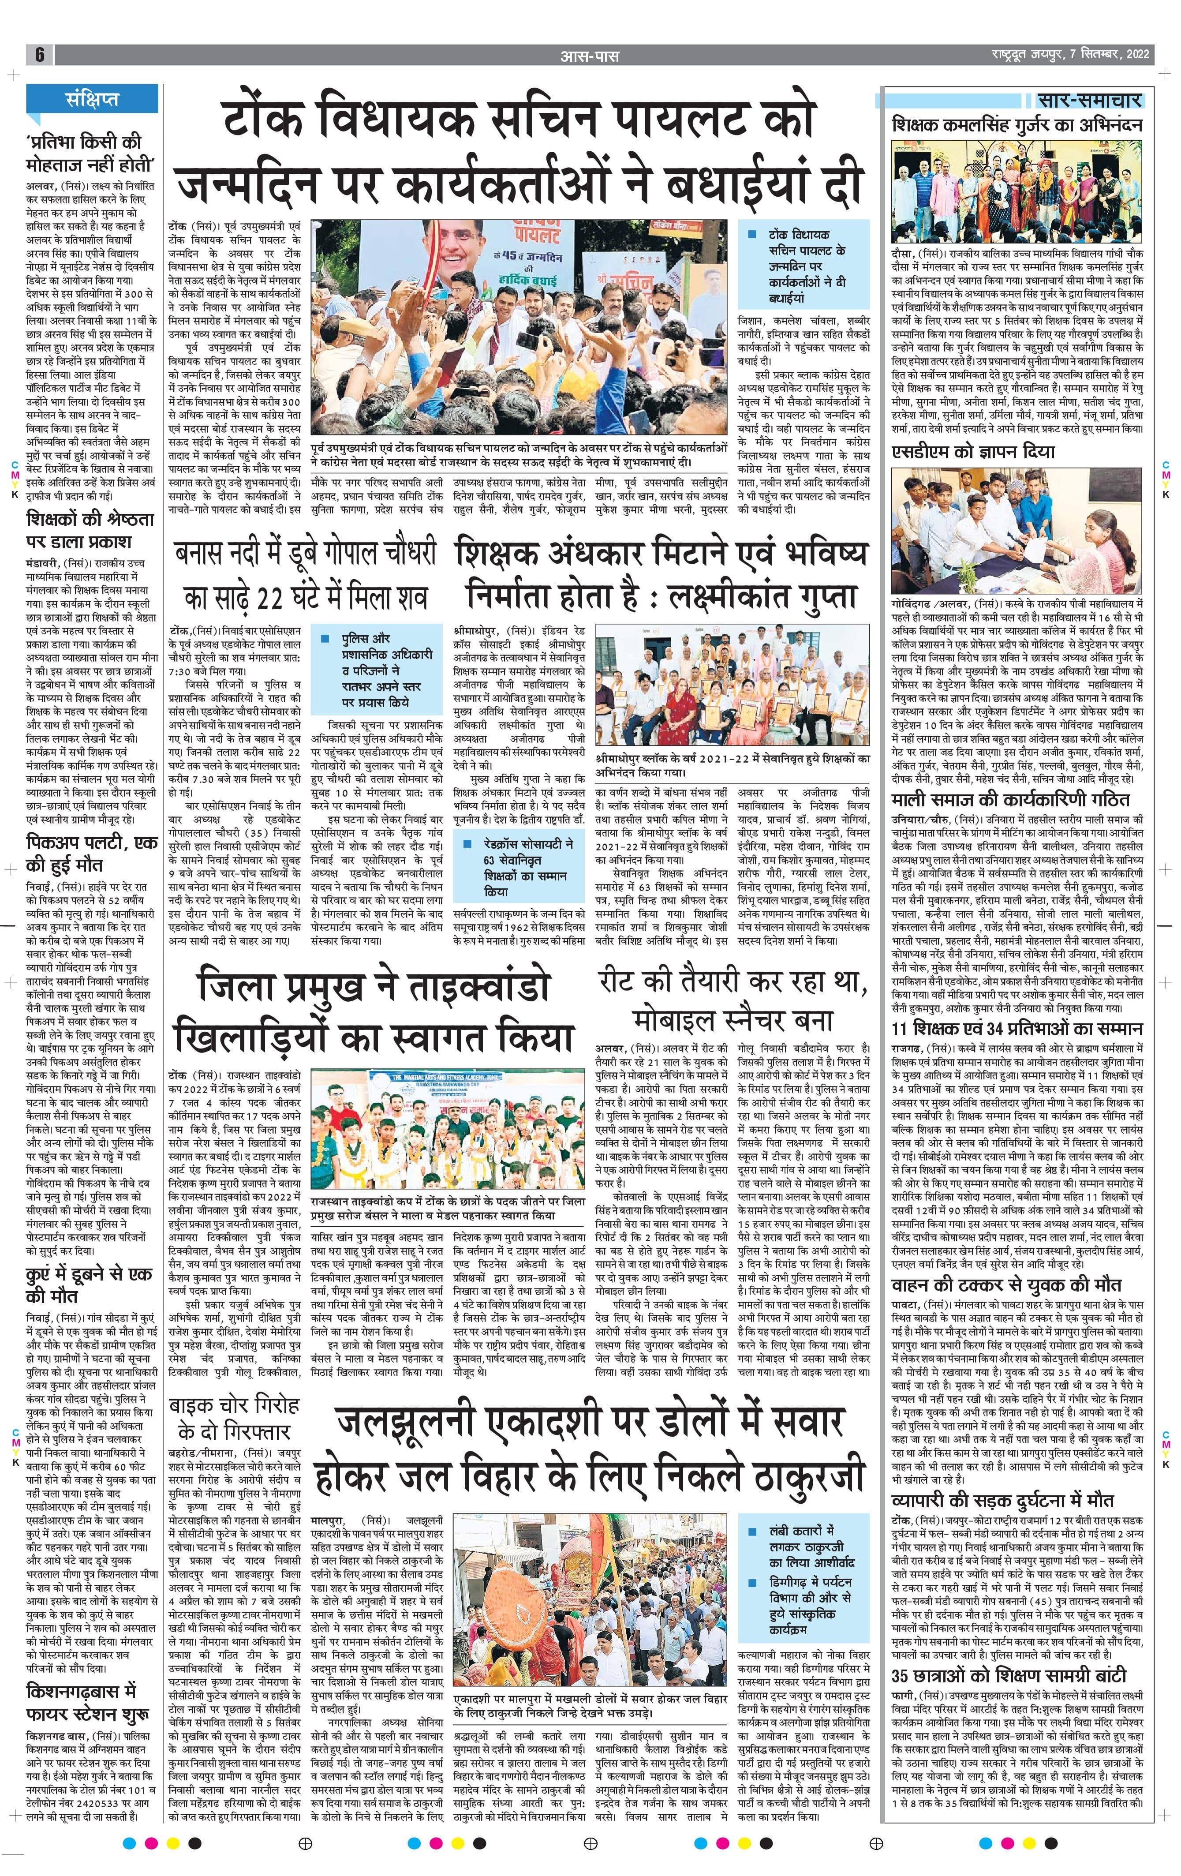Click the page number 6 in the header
(x=39, y=55)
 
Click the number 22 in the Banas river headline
(x=275, y=598)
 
